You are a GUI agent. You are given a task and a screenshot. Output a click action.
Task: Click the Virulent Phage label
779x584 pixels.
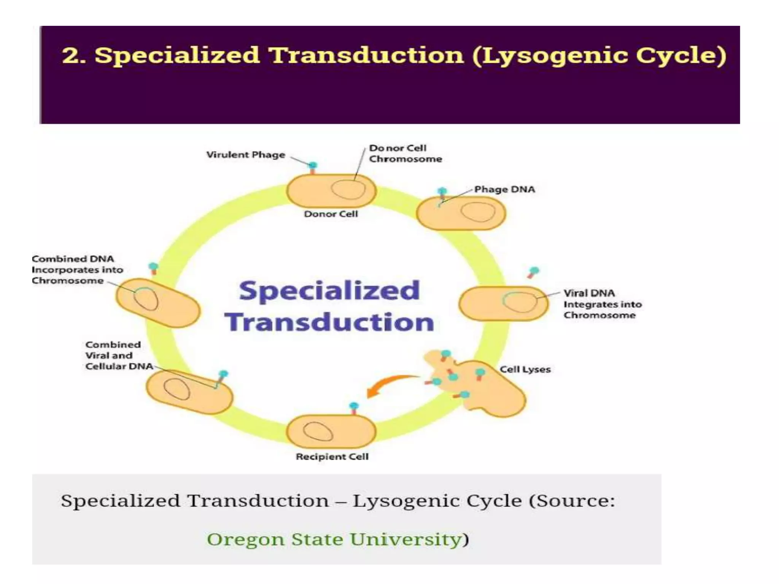[x=246, y=155]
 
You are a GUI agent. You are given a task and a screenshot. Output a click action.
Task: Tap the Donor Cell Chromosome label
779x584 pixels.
[x=405, y=153]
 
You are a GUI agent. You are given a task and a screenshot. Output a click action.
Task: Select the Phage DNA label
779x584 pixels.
[x=504, y=189]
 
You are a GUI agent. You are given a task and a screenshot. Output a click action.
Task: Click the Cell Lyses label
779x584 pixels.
[x=525, y=369]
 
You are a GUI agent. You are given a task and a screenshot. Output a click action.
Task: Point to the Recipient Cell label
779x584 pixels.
[x=332, y=456]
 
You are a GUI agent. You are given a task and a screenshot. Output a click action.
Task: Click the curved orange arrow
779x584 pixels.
[x=388, y=384]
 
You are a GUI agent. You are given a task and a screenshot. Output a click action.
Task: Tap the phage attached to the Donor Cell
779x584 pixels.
[x=313, y=167]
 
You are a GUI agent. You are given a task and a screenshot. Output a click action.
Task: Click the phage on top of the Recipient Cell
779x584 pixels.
[x=354, y=408]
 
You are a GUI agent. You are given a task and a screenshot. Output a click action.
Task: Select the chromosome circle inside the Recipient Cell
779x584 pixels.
[x=318, y=431]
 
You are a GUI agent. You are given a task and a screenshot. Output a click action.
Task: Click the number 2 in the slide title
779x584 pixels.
[x=70, y=55]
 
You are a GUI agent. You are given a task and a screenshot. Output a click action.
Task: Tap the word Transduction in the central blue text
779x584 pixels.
[x=329, y=322]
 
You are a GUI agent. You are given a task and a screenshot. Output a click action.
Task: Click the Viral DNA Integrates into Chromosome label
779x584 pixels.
[x=602, y=304]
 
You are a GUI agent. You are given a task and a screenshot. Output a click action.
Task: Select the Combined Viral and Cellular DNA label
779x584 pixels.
[x=118, y=355]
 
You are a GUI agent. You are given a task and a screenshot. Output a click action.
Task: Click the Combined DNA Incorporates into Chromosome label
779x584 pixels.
[x=77, y=270]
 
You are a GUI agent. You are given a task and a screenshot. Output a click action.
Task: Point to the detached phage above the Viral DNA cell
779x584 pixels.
[x=533, y=271]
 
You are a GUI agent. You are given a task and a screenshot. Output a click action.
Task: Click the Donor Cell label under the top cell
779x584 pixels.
[x=331, y=214]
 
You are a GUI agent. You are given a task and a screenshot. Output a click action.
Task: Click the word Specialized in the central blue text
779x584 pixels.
[x=329, y=291]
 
